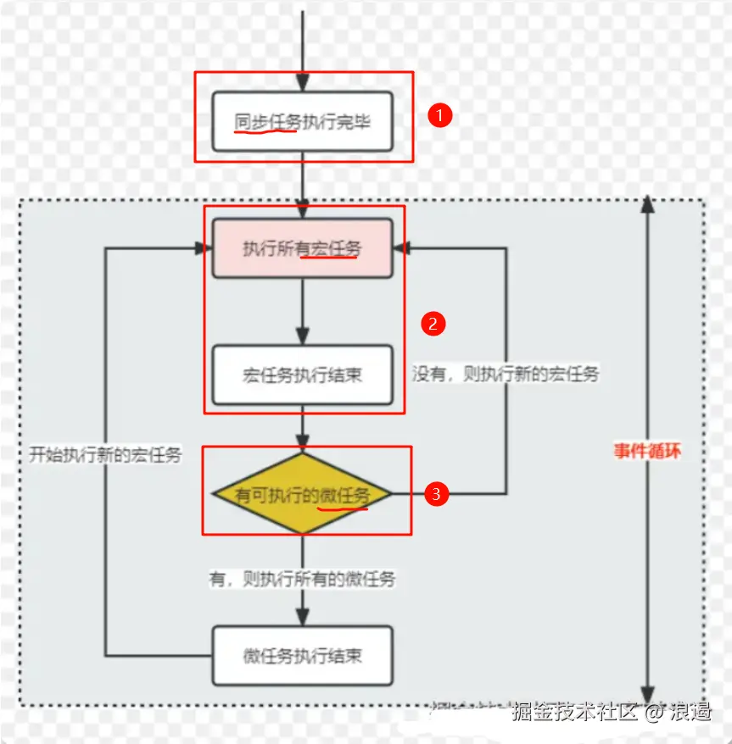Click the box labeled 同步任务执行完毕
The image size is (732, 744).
302,122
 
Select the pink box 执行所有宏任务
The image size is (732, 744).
302,248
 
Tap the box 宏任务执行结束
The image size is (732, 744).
302,374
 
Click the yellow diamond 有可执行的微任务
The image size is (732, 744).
302,494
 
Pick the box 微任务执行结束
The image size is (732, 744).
302,655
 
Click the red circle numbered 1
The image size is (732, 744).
439,115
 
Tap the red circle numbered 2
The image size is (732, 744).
433,323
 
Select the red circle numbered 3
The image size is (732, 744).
436,494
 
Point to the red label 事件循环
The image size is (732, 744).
648,451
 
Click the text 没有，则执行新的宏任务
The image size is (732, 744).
506,374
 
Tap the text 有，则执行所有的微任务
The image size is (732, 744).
302,580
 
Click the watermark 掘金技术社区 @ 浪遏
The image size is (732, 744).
610,712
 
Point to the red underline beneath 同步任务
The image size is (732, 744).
265,132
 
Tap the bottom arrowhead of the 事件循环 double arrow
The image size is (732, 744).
648,696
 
